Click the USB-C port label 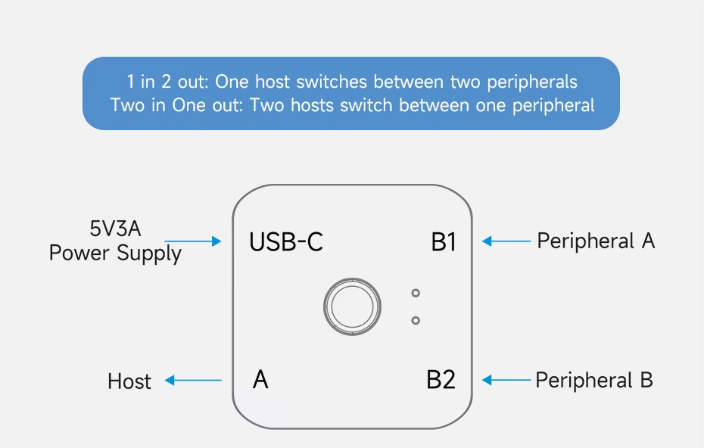(x=286, y=242)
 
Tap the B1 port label (x=444, y=242)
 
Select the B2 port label (x=441, y=380)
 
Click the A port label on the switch (x=260, y=380)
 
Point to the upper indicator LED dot (x=416, y=293)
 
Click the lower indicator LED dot (x=416, y=321)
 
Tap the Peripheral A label (x=596, y=241)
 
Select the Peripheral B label (x=594, y=380)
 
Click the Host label (x=129, y=381)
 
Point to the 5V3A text (x=115, y=229)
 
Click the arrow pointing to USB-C (x=193, y=241)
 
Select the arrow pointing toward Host (x=193, y=380)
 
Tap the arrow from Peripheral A (x=506, y=241)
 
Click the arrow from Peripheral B (x=506, y=380)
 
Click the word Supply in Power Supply (x=149, y=254)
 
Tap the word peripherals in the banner (x=532, y=82)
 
